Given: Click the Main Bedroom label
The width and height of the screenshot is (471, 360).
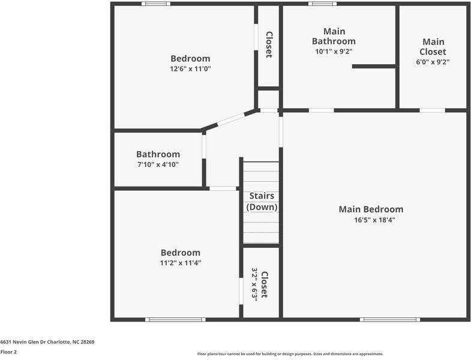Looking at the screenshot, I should (x=371, y=209).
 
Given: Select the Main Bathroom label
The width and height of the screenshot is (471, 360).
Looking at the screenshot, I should (x=334, y=36).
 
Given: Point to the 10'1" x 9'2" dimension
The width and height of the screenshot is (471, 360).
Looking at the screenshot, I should (x=334, y=52).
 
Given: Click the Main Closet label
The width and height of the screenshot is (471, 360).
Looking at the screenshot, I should (x=433, y=47).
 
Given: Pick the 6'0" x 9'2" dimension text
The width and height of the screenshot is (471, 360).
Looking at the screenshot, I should (x=433, y=62).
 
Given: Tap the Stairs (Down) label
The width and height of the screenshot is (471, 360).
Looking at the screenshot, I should (x=261, y=202).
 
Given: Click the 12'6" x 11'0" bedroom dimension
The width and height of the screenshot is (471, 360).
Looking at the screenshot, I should (x=190, y=69).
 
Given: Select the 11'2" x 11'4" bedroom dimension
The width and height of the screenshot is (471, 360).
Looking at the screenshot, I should (x=180, y=263).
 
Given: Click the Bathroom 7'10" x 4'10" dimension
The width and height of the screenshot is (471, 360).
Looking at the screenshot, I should (x=158, y=164).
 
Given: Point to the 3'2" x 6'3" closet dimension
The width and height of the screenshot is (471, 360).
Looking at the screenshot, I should (x=254, y=284).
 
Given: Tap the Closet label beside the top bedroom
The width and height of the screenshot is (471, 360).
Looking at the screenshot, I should (x=269, y=44).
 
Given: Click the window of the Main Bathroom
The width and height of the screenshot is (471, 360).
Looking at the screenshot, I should (x=322, y=4).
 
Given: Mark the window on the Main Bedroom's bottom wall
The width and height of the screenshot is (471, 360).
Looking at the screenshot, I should (x=389, y=319).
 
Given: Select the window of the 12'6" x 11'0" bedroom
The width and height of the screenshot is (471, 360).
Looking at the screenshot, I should (x=155, y=4).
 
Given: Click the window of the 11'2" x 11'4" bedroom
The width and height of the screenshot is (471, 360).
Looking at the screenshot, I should (x=176, y=319).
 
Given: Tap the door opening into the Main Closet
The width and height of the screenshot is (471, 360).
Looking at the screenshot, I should (x=432, y=110).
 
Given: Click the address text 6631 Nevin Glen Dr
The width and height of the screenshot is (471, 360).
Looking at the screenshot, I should (x=47, y=342).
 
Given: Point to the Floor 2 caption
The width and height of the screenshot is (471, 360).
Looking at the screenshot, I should (x=8, y=352).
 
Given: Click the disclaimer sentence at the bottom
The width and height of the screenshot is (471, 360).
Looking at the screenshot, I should (x=290, y=354).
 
